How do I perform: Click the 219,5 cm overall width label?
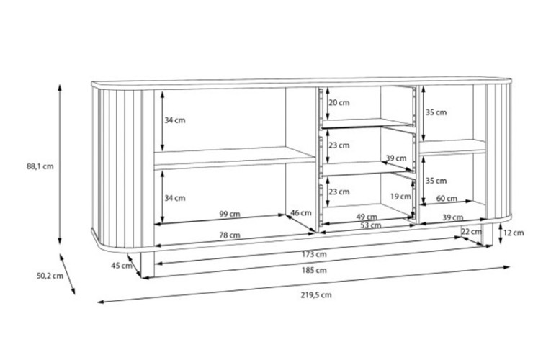click(316, 295)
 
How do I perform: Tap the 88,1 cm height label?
click(40, 166)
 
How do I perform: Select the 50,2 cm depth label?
click(50, 276)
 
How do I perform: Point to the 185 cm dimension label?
click(314, 270)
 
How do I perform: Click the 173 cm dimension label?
click(314, 254)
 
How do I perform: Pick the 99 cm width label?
click(230, 214)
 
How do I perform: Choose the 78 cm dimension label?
click(230, 235)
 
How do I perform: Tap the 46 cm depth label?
click(301, 212)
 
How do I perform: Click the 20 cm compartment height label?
click(339, 102)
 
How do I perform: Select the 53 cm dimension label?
click(371, 225)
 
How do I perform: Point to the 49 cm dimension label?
click(367, 217)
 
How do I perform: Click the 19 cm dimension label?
click(400, 197)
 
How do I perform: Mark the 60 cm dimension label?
click(447, 199)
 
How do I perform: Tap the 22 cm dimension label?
click(471, 231)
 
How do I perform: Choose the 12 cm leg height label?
click(514, 233)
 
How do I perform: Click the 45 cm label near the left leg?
click(122, 266)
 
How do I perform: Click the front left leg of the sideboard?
click(147, 264)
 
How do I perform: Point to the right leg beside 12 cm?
click(488, 234)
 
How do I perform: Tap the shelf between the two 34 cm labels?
click(234, 158)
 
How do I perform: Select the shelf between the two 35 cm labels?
click(452, 147)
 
